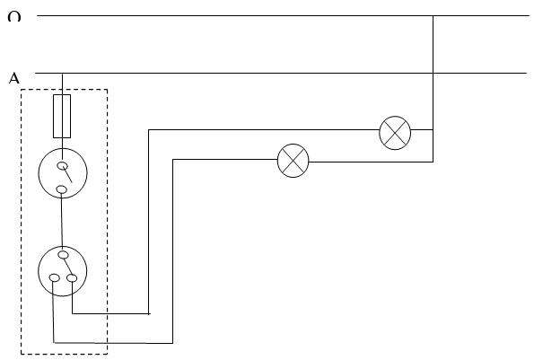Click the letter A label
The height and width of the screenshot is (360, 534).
(14, 78)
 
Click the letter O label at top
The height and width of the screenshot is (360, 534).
(14, 16)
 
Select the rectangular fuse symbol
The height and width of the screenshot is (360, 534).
(62, 116)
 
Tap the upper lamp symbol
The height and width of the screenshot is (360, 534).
(395, 133)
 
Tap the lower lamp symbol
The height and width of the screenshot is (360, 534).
(293, 161)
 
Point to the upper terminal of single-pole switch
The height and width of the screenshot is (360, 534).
(62, 166)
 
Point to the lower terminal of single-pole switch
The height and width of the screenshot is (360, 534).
(61, 189)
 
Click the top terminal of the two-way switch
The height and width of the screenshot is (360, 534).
(64, 255)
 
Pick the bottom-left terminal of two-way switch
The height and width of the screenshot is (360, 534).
(55, 278)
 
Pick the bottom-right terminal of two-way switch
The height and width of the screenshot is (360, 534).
(72, 278)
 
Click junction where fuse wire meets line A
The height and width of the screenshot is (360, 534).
(62, 74)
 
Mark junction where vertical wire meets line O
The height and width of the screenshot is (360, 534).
(433, 15)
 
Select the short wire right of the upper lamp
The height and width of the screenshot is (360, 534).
(422, 129)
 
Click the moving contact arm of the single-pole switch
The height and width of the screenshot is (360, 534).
(67, 174)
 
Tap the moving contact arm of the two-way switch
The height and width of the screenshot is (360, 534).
(68, 267)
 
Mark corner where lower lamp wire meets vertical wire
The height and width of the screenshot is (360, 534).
(433, 162)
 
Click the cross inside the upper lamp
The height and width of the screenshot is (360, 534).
(395, 133)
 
